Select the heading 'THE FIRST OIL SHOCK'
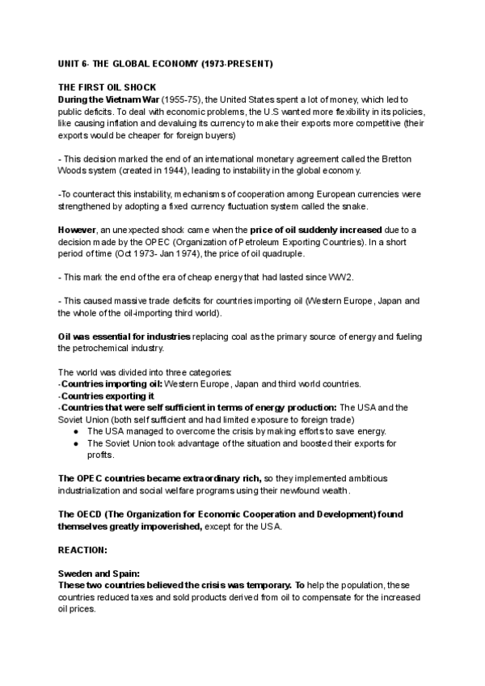pyautogui.click(x=108, y=87)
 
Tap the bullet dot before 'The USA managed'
pyautogui.click(x=75, y=431)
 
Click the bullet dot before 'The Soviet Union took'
pyautogui.click(x=75, y=443)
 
